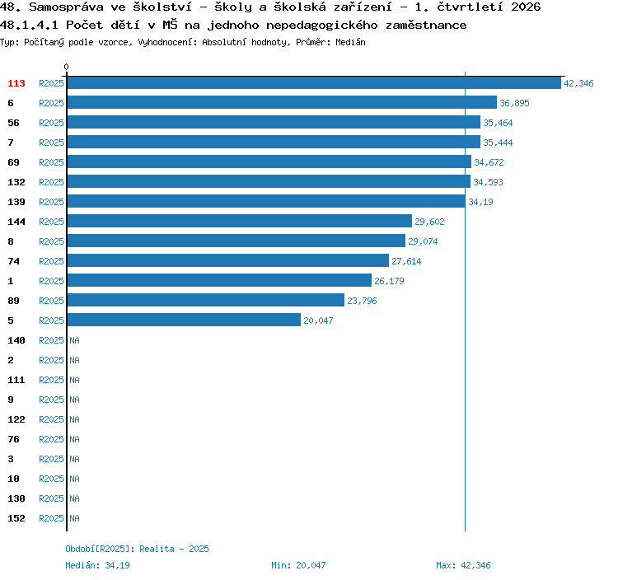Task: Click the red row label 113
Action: (x=16, y=83)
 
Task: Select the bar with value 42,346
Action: (x=314, y=82)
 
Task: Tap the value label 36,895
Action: (x=514, y=103)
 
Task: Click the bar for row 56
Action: (x=274, y=122)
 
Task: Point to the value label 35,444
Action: (x=498, y=143)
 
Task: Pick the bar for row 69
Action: (x=269, y=161)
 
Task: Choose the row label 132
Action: (x=16, y=182)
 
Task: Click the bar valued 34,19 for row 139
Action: (x=266, y=201)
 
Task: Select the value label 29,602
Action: (x=429, y=222)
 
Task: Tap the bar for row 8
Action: (x=236, y=241)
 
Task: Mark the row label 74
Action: (x=13, y=261)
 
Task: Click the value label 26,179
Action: (x=389, y=281)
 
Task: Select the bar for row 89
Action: (x=206, y=299)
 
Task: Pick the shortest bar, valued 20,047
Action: (x=184, y=319)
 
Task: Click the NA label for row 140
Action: (x=74, y=340)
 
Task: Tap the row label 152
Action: (x=16, y=518)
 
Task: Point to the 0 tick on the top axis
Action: (x=66, y=67)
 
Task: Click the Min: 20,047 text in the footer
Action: (x=298, y=565)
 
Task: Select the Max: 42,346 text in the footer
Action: (x=463, y=565)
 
